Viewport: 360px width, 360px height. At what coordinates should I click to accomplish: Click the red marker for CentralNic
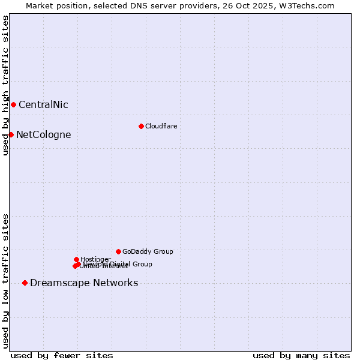click(13, 104)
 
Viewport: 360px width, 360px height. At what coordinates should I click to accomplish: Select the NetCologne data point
click(11, 134)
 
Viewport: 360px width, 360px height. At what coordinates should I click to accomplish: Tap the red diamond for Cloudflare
click(141, 126)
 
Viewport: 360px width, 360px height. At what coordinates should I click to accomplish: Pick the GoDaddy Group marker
click(118, 251)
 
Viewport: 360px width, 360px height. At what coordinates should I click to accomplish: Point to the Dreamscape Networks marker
click(25, 283)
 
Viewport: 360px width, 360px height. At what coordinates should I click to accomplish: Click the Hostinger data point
click(76, 259)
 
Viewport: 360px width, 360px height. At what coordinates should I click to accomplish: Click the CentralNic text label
click(43, 105)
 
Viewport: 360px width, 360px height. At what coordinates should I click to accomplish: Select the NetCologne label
click(43, 135)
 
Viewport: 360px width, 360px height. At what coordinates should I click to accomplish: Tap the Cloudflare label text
click(161, 126)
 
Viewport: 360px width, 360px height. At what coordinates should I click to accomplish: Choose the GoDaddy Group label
click(148, 252)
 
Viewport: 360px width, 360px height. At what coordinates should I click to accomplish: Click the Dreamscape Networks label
click(84, 283)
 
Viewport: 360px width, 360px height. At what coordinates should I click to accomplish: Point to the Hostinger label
click(95, 259)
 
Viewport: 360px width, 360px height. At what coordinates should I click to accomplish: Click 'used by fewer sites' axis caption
click(62, 355)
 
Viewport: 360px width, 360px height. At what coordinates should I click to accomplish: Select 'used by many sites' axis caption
click(301, 355)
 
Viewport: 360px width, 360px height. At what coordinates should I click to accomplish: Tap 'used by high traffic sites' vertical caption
click(6, 85)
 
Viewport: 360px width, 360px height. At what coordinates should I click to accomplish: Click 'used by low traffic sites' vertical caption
click(6, 281)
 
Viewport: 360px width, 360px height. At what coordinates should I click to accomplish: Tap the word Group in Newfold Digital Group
click(142, 264)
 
